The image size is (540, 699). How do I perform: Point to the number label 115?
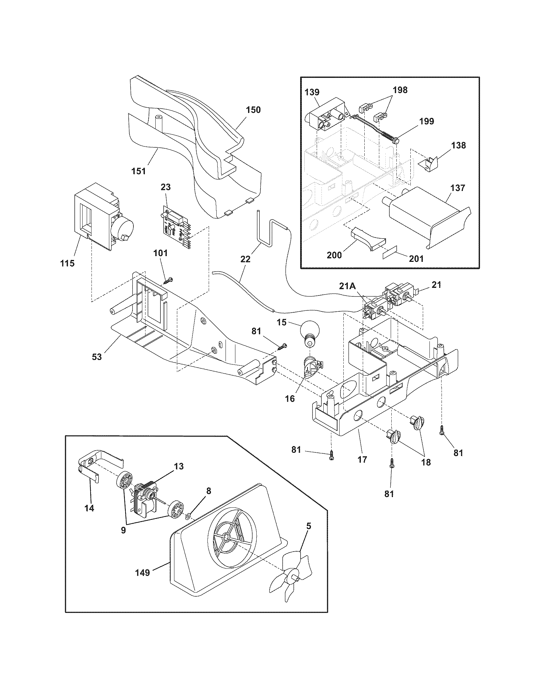67,263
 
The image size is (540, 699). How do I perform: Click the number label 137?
457,188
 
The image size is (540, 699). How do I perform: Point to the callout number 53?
97,356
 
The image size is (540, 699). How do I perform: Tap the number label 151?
138,171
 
